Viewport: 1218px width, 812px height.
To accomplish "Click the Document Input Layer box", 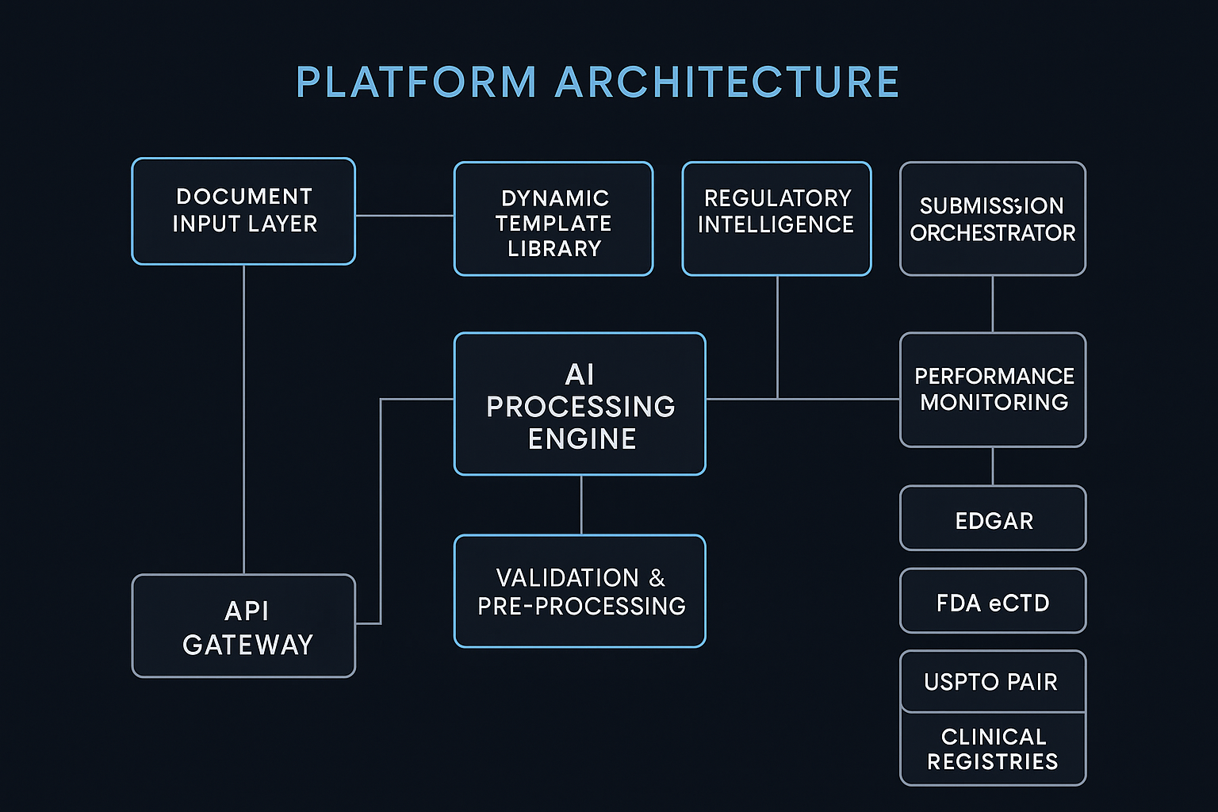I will [x=243, y=211].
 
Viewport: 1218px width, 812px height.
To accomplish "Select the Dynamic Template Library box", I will [x=553, y=220].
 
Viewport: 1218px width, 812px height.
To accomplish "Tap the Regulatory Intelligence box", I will [x=776, y=219].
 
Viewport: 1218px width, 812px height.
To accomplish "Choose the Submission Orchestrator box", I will [x=992, y=219].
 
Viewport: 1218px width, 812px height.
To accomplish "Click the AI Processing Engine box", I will [x=580, y=404].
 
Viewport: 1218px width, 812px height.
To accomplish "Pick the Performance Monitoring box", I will [x=993, y=389].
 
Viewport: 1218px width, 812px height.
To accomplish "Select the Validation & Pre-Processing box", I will [x=580, y=592].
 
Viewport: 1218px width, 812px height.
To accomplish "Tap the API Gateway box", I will [x=243, y=626].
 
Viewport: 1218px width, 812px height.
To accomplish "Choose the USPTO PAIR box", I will [x=993, y=681].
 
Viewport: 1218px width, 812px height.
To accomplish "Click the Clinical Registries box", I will [x=993, y=749].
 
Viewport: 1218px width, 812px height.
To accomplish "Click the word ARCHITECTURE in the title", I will [x=727, y=82].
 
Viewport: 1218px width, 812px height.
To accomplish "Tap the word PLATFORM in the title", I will [x=416, y=82].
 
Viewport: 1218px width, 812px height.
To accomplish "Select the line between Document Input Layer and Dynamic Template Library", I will [x=404, y=216].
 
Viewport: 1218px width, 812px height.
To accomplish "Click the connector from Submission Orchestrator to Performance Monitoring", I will [x=993, y=304].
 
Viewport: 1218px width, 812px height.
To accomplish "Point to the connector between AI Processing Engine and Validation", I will [x=581, y=505].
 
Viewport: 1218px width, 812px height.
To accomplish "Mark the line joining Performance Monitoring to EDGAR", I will [x=993, y=466].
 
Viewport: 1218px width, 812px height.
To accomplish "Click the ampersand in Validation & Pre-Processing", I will [x=657, y=578].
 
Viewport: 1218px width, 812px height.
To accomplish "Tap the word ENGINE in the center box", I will [x=582, y=439].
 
